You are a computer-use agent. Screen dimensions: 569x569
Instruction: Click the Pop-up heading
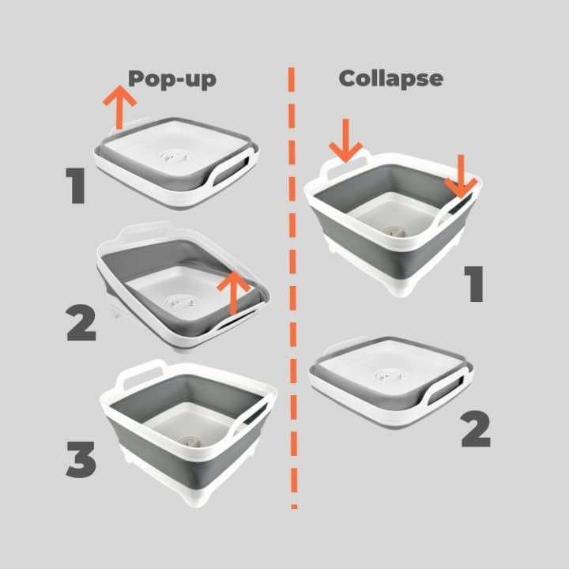coord(172,79)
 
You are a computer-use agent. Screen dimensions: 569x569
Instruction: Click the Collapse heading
coord(391,79)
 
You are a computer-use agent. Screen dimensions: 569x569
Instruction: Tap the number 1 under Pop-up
coord(76,186)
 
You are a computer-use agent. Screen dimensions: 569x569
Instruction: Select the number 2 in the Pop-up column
coord(81,322)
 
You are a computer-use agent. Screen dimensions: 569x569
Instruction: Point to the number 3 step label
coord(81,459)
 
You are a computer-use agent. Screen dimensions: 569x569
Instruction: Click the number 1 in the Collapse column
coord(473,284)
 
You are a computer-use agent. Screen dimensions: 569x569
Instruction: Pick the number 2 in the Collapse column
coord(476,428)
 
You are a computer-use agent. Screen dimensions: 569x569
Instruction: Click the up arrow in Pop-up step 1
coord(119,107)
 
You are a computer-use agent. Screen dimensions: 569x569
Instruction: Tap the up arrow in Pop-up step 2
coord(234,293)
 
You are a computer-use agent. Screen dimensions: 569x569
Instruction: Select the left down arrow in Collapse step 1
coord(345,140)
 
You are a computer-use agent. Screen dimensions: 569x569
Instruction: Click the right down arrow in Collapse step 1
coord(461,176)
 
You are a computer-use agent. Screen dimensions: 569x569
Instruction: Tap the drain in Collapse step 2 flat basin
coord(389,375)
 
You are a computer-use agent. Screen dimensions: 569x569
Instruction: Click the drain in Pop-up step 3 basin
coord(190,442)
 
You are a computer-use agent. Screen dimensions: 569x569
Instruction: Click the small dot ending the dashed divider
coord(294,507)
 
